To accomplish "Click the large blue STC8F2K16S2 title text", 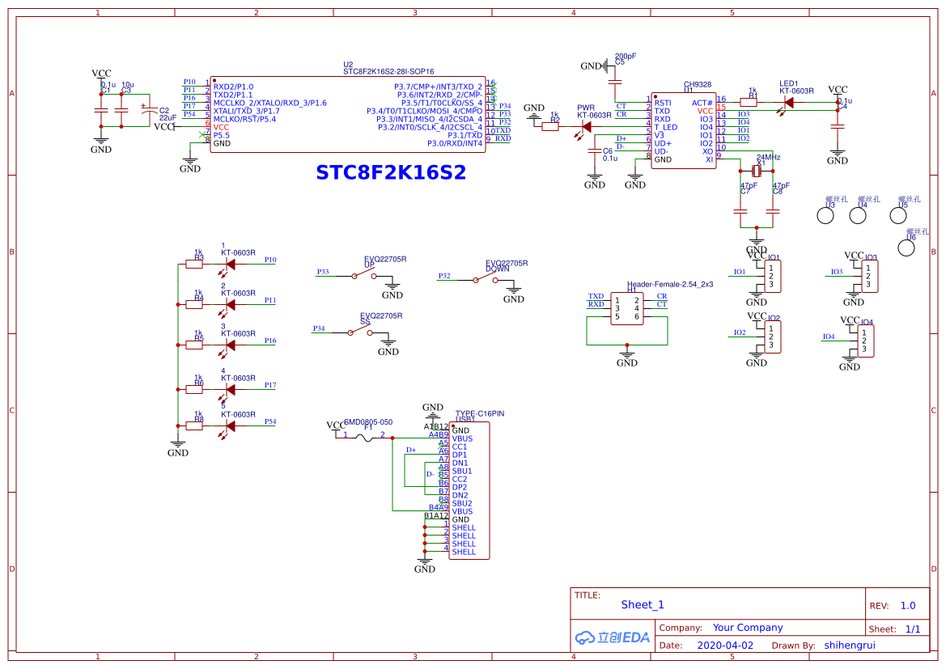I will click(x=390, y=173).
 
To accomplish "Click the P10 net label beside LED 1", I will click(x=270, y=260).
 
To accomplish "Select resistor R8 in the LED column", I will click(x=194, y=426).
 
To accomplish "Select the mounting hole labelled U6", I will click(x=907, y=247).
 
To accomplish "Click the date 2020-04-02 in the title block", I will click(x=724, y=646).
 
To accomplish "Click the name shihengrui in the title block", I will click(x=850, y=646).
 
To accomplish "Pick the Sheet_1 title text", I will click(x=642, y=604).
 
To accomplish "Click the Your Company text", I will click(x=748, y=628).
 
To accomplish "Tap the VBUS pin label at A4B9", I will click(x=462, y=438).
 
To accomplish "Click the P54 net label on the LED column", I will click(x=270, y=421).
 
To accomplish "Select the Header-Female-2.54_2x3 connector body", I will click(x=627, y=308).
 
